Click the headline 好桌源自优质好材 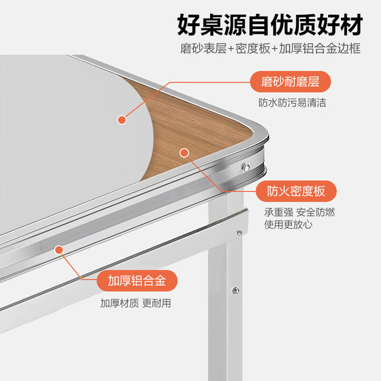click(x=270, y=25)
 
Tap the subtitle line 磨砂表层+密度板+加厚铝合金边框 click(x=270, y=48)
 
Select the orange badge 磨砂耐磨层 click(x=291, y=82)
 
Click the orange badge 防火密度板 click(x=296, y=191)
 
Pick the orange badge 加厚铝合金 click(x=137, y=280)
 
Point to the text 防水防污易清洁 click(x=292, y=102)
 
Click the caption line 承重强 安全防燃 click(x=299, y=212)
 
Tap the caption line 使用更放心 click(x=288, y=224)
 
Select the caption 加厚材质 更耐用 click(x=136, y=303)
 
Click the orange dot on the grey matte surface click(x=122, y=120)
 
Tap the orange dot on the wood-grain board click(x=184, y=153)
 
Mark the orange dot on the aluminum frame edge click(x=59, y=250)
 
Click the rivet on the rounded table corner click(x=246, y=167)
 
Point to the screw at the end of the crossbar click(x=239, y=233)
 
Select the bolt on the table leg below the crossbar click(x=236, y=290)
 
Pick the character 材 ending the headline click(x=351, y=25)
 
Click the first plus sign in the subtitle click(x=231, y=49)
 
